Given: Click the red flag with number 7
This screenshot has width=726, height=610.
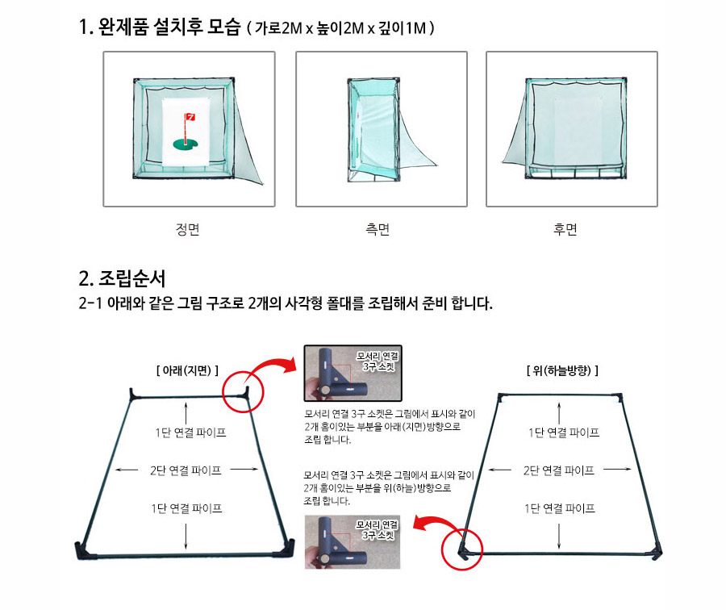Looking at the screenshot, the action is pyautogui.click(x=190, y=117).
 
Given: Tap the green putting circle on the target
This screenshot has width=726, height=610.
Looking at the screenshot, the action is pyautogui.click(x=186, y=145).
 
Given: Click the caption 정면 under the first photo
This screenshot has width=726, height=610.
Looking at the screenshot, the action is pyautogui.click(x=187, y=229).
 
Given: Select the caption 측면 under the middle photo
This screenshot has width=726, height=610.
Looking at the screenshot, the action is pyautogui.click(x=378, y=229).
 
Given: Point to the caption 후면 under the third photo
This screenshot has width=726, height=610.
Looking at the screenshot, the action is pyautogui.click(x=565, y=229).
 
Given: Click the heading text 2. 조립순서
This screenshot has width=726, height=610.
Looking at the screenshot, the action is pyautogui.click(x=122, y=278).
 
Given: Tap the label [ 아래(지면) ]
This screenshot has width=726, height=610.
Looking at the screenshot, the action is pyautogui.click(x=187, y=370).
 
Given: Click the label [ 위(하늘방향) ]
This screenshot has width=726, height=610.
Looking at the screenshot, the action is pyautogui.click(x=562, y=370).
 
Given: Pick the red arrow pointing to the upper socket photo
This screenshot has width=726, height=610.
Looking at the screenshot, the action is pyautogui.click(x=273, y=368).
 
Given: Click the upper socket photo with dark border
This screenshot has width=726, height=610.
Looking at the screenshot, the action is pyautogui.click(x=353, y=373).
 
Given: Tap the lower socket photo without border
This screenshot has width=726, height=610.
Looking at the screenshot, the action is pyautogui.click(x=353, y=542).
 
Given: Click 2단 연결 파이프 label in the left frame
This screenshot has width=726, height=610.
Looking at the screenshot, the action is pyautogui.click(x=186, y=470).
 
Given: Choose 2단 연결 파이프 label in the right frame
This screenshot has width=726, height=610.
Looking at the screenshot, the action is pyautogui.click(x=559, y=470).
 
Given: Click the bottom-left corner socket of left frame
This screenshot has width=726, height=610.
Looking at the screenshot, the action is pyautogui.click(x=82, y=550).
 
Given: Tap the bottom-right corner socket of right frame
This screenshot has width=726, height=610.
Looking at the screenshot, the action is pyautogui.click(x=657, y=551).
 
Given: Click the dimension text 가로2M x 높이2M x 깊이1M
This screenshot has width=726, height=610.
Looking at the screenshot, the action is pyautogui.click(x=340, y=28).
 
